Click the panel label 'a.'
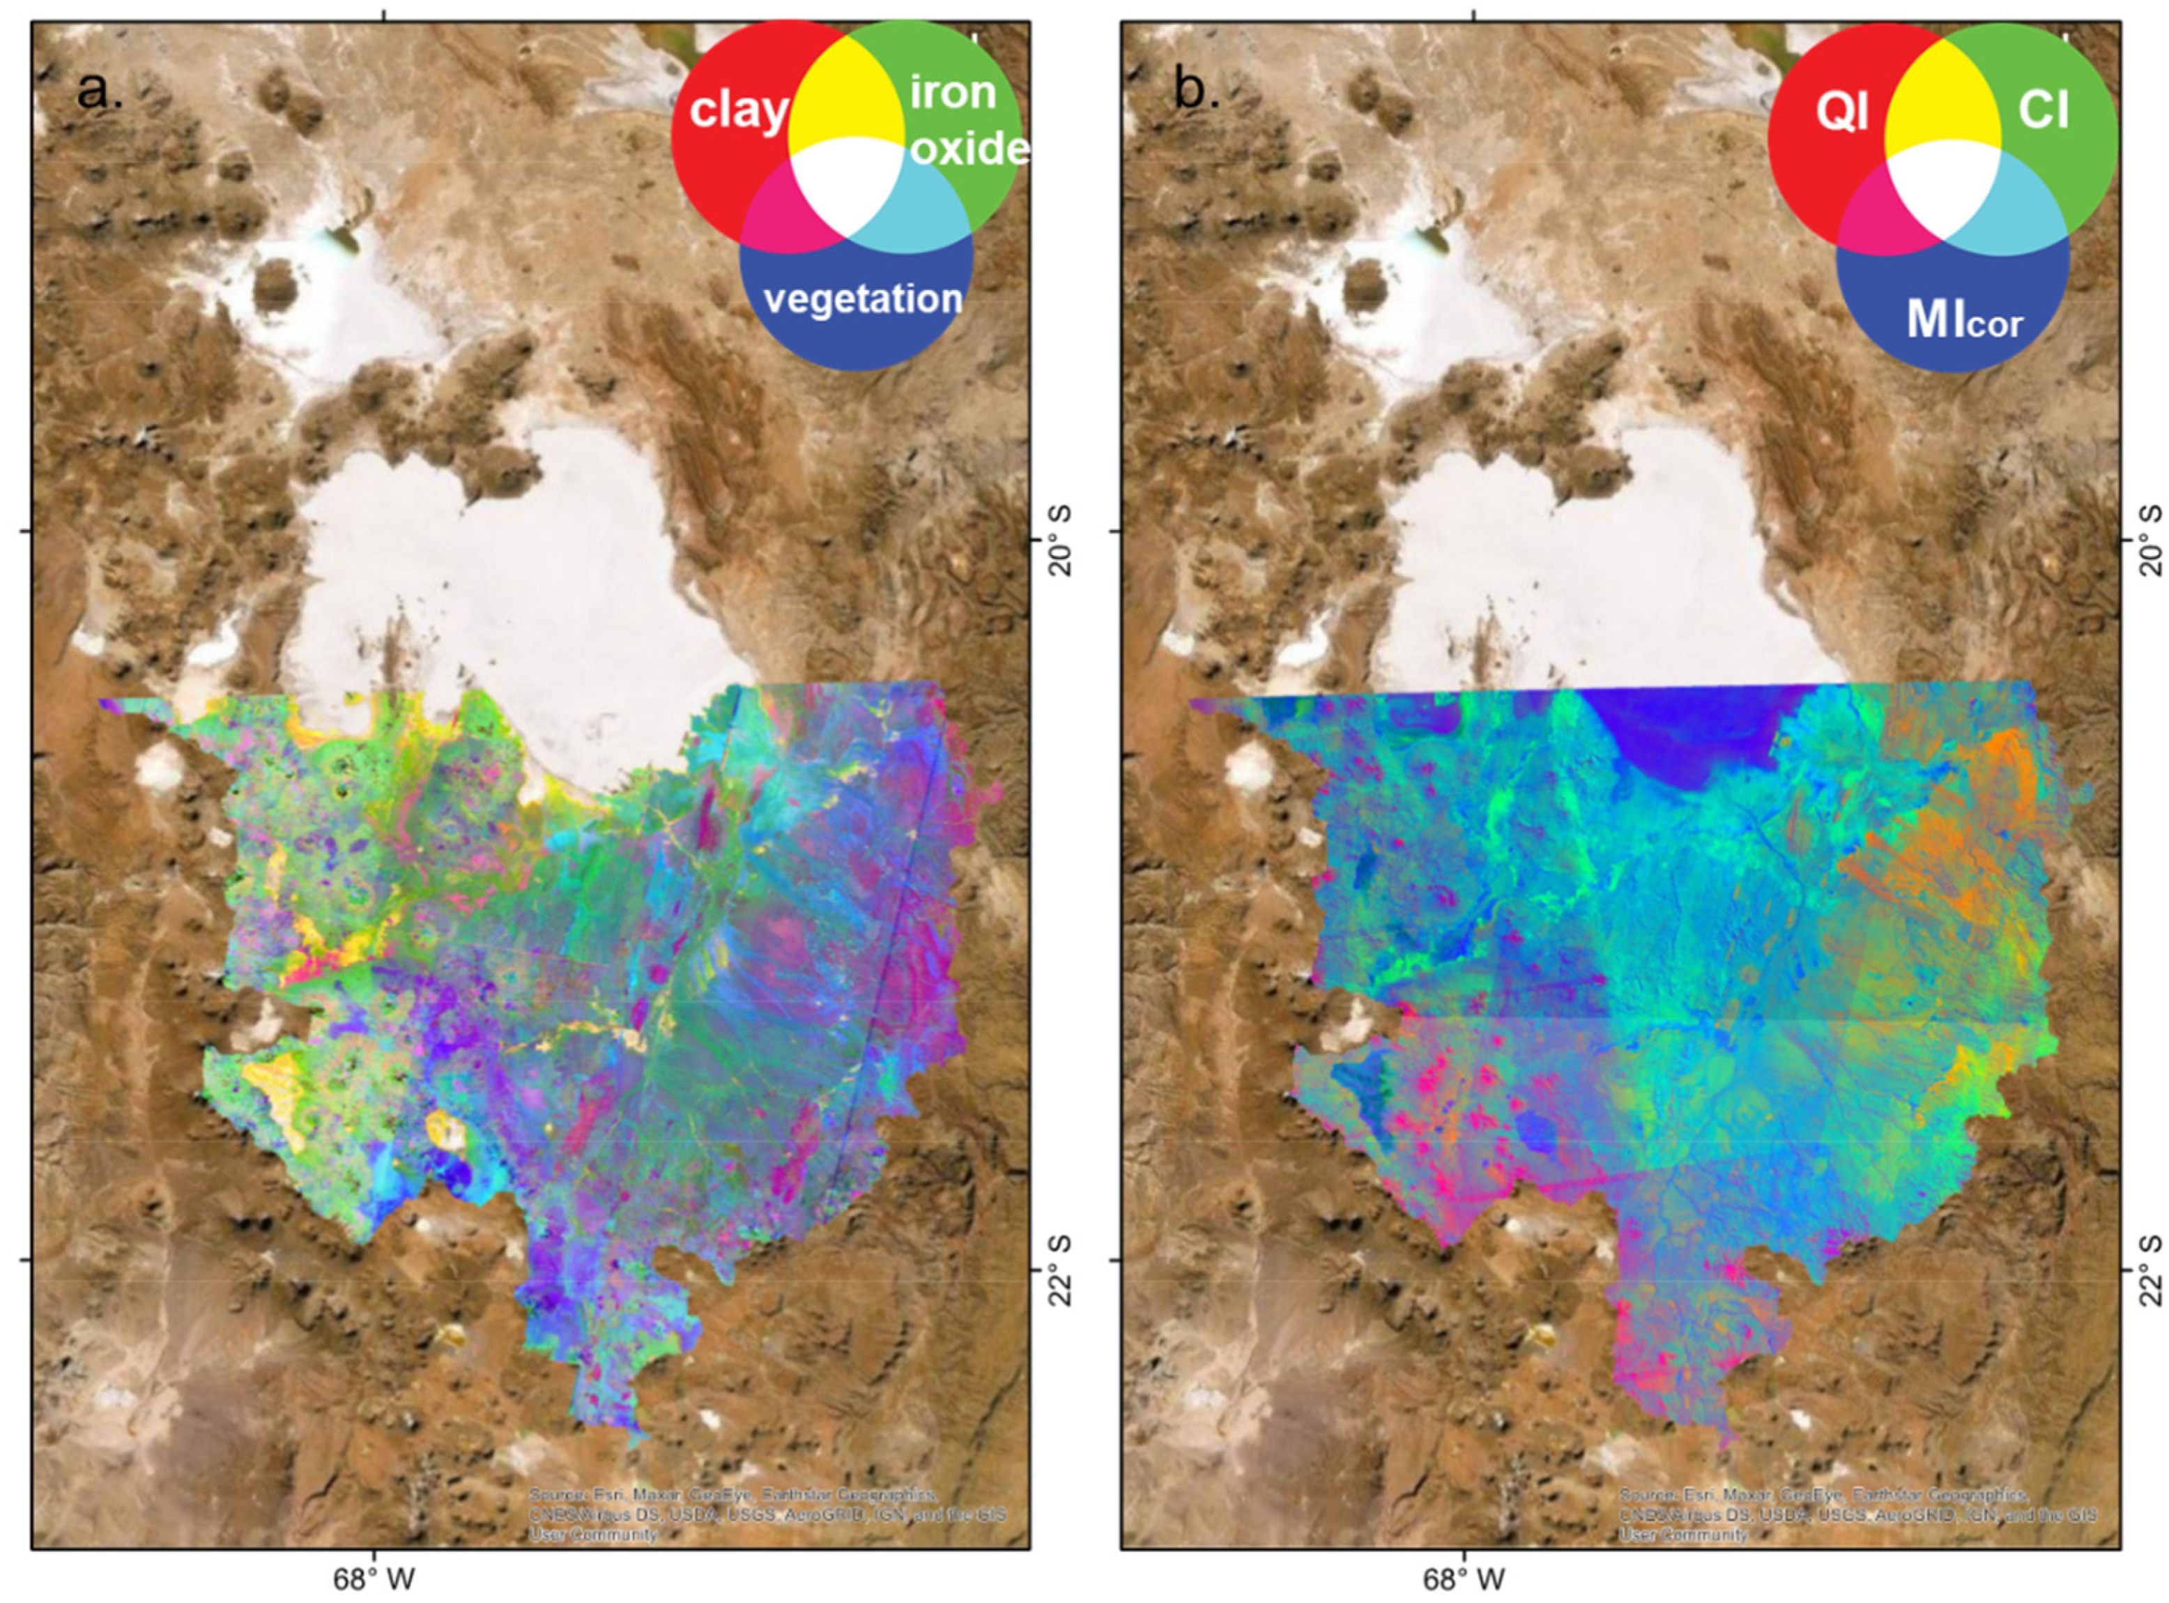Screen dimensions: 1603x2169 tap(100, 92)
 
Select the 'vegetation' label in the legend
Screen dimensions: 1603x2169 tap(862, 299)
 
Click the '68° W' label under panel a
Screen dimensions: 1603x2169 tap(374, 1579)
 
